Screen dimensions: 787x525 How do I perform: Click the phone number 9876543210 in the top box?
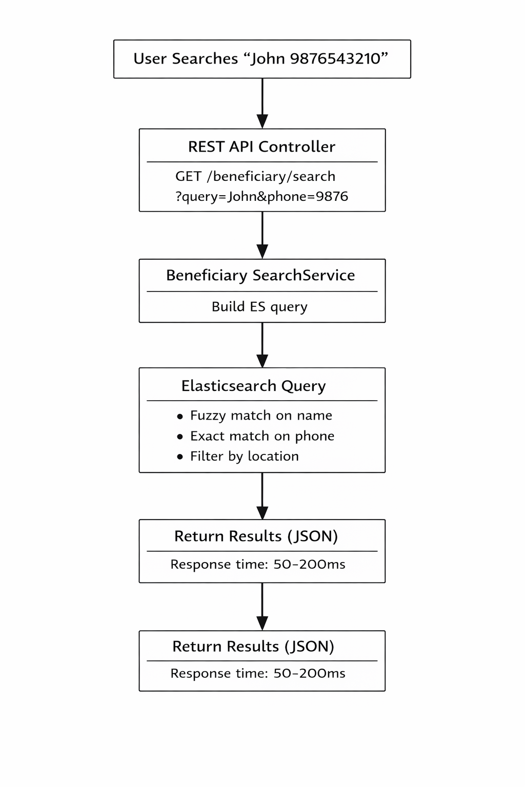(335, 59)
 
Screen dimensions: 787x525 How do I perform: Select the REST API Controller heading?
(261, 147)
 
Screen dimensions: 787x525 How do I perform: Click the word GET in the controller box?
(188, 177)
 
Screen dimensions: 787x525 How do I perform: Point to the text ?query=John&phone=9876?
(261, 197)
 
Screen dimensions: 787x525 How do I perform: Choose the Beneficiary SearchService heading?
(260, 276)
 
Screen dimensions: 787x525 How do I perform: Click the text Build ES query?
(259, 307)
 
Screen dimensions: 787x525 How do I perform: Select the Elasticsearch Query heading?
(253, 386)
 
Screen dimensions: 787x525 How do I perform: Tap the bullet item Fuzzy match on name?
(261, 416)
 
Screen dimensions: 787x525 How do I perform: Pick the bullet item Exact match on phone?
(262, 436)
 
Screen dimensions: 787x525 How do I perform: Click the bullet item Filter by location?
(244, 457)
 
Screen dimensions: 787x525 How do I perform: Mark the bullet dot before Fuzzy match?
(180, 417)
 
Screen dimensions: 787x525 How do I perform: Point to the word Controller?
(297, 147)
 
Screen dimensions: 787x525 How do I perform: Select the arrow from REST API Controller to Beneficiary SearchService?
(262, 235)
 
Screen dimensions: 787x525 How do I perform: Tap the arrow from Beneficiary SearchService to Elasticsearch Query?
(262, 345)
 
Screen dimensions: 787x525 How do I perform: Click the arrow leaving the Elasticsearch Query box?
(262, 496)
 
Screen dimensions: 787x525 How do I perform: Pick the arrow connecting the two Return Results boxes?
(262, 607)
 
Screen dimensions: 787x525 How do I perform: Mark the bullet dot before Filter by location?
(180, 457)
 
